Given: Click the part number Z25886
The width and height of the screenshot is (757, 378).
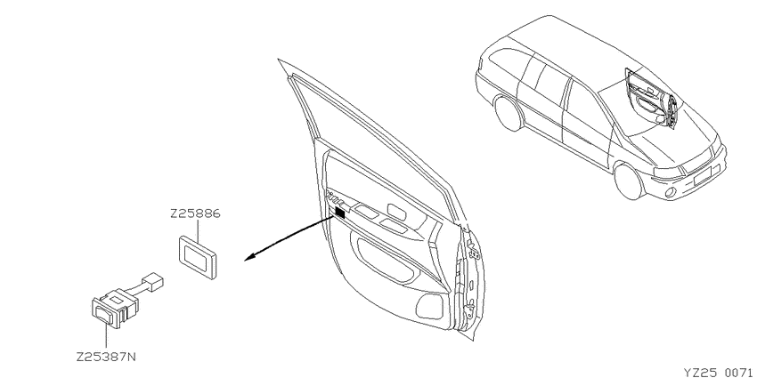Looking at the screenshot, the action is point(195,213).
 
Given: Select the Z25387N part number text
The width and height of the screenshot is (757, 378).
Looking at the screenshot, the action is point(106,358).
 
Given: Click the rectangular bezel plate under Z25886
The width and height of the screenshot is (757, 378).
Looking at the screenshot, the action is point(198,256).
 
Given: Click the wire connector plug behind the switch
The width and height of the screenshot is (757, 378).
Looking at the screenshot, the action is point(153,282).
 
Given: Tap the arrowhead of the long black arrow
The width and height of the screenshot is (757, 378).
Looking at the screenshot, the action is point(249,259).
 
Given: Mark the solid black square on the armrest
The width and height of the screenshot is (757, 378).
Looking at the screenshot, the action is point(340,213).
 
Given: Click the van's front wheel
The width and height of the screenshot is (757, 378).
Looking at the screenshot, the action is point(629,181).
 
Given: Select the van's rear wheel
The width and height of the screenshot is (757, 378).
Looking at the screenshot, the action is point(509,113).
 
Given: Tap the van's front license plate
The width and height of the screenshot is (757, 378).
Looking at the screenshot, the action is point(704,175).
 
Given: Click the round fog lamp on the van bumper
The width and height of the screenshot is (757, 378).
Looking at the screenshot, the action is point(669,192).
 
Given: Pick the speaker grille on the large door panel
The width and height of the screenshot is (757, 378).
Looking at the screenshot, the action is point(429,307).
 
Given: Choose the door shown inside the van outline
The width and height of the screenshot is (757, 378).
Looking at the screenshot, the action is point(652,99).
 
